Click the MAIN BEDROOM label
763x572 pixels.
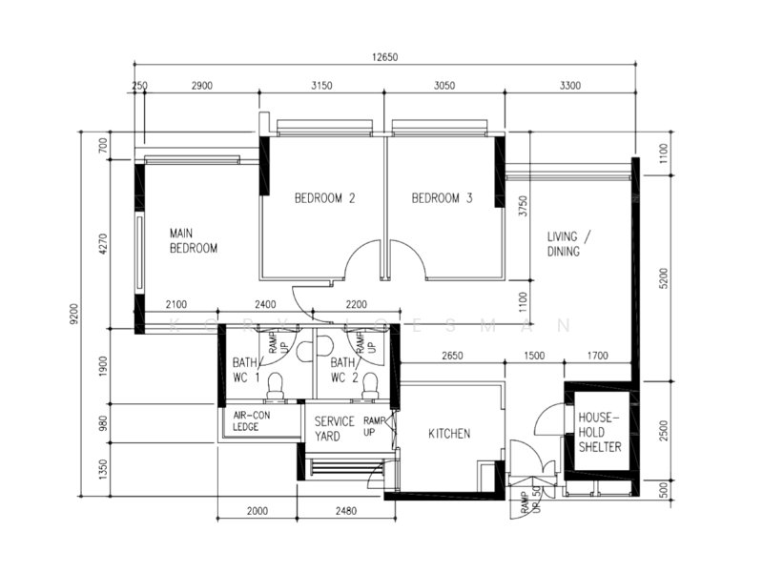194,240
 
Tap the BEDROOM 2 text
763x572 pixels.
324,199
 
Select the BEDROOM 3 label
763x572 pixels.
442,199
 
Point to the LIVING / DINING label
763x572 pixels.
570,244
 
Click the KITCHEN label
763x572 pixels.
448,434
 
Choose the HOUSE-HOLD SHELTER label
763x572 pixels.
598,433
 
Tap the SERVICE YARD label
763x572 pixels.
334,428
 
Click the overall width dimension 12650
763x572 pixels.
384,57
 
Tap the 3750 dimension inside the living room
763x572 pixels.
522,208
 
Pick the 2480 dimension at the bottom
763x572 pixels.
345,511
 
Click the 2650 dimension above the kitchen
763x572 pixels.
452,356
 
